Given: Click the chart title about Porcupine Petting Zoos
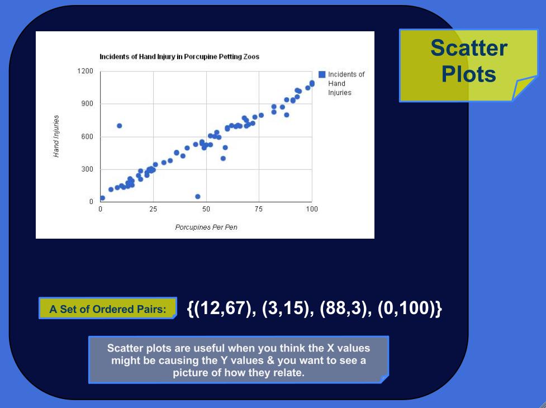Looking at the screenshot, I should (179, 57).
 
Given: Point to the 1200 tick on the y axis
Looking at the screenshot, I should (86, 71).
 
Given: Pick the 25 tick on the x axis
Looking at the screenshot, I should (153, 209).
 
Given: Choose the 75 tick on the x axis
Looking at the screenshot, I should (259, 209).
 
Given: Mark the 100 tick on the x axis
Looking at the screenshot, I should (312, 209).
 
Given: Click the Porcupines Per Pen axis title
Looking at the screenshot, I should (206, 227).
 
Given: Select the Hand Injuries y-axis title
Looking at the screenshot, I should (56, 136).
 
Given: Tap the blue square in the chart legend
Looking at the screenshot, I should (322, 74).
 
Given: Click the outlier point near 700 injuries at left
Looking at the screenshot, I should (119, 126).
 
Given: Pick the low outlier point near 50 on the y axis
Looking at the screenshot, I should (197, 196).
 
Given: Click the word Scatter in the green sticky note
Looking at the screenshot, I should (468, 48).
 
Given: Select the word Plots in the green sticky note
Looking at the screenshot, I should (468, 74).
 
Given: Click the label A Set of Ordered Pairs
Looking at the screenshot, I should (108, 309).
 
